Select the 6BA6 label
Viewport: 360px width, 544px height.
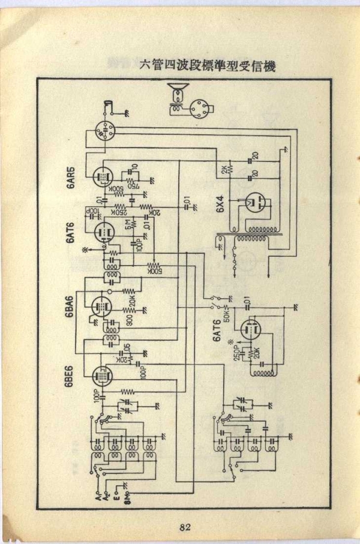point(71,307)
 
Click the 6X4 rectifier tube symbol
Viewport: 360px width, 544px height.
point(254,202)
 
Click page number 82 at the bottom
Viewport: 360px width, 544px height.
point(184,527)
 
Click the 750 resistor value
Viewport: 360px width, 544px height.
point(130,185)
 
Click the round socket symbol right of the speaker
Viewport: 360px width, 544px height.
point(202,109)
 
